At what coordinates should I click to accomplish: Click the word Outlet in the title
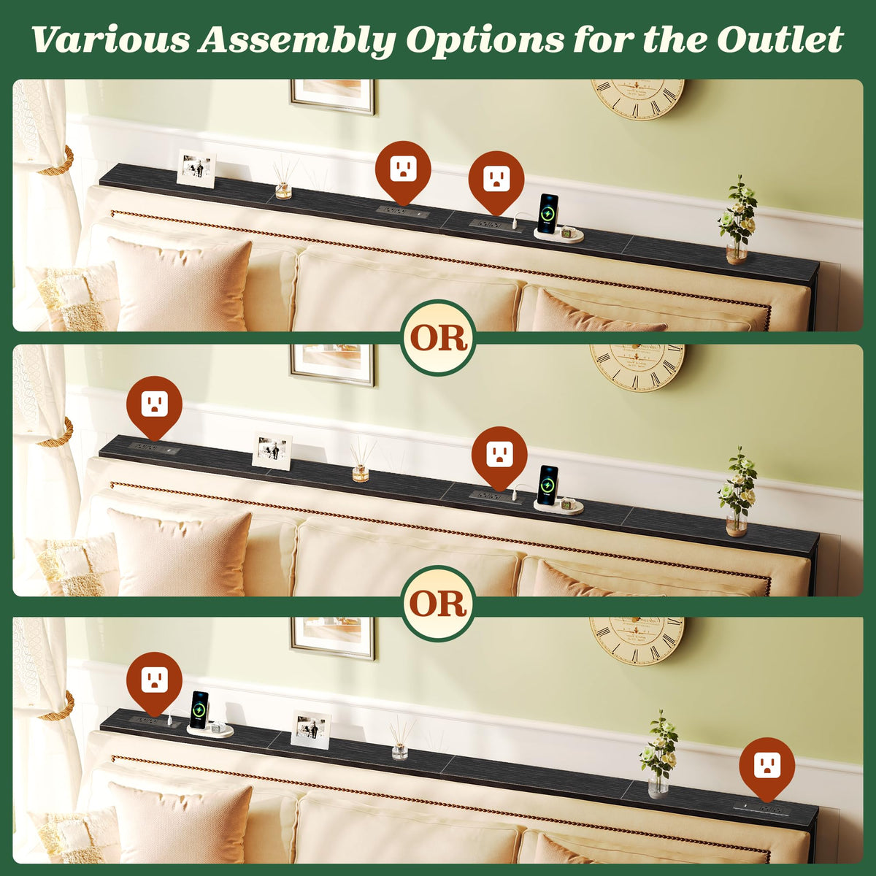tap(780, 39)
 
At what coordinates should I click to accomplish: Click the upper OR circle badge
tap(438, 337)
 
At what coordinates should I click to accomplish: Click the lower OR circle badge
tap(438, 603)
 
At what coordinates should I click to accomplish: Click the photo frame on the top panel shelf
tap(196, 169)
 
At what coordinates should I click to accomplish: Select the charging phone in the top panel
tap(548, 213)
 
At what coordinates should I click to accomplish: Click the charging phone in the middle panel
tap(548, 485)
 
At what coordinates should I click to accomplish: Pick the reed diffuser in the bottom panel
tap(401, 736)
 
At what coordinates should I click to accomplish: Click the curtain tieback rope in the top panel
tap(58, 161)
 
